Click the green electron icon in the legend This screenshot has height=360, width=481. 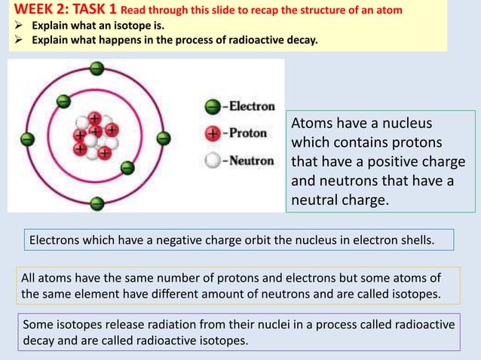click(214, 107)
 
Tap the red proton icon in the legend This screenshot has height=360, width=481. click(214, 133)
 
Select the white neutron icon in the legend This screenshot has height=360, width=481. click(214, 160)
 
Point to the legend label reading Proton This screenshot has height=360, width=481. click(248, 133)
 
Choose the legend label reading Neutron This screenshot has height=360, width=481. click(252, 160)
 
